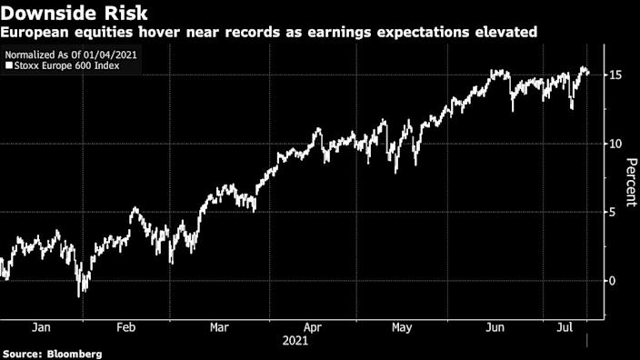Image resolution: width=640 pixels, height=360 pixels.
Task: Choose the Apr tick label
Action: point(312,327)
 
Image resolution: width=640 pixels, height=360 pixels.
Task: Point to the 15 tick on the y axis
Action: point(617,75)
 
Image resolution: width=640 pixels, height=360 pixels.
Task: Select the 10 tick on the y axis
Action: point(617,144)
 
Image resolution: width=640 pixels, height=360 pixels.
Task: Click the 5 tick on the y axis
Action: point(615,212)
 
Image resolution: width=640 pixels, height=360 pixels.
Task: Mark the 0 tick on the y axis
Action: point(615,281)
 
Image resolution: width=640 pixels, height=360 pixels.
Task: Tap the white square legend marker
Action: point(8,66)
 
